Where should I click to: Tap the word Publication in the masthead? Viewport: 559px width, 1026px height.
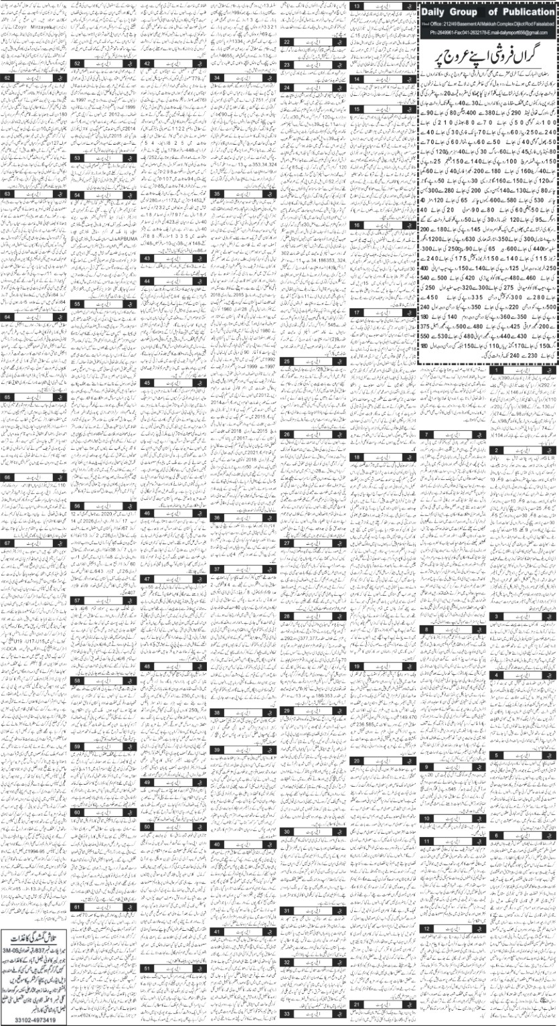[x=523, y=12]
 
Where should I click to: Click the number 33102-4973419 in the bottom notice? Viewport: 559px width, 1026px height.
[x=39, y=1019]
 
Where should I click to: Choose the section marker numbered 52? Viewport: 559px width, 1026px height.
[x=78, y=63]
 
